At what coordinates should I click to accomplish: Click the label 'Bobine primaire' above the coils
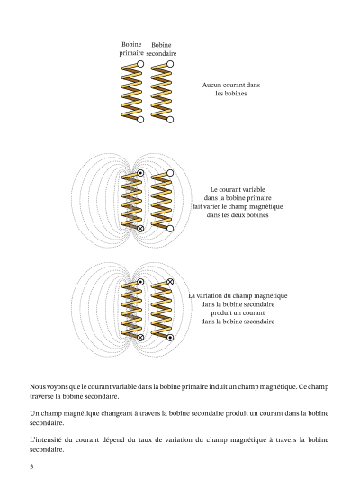point(131,49)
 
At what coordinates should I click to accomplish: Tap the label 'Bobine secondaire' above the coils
point(161,50)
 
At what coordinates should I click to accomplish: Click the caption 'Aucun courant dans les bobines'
point(231,89)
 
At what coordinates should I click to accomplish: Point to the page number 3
point(31,466)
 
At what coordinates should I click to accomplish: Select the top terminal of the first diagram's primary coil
point(140,64)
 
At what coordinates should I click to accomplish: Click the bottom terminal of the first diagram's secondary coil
point(170,120)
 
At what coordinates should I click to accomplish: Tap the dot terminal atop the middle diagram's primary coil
point(140,173)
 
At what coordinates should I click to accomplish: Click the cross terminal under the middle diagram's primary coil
point(140,229)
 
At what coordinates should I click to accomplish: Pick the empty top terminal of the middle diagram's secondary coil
point(170,173)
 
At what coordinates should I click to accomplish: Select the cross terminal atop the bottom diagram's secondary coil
point(170,282)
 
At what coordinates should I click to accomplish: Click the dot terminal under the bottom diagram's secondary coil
point(170,338)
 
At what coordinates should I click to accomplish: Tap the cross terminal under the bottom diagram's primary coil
point(140,338)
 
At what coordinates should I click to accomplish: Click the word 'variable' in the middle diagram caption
point(255,189)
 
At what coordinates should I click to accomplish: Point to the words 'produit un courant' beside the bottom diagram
point(238,312)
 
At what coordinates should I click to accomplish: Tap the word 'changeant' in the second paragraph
point(116,413)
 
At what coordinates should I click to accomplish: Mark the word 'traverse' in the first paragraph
point(41,396)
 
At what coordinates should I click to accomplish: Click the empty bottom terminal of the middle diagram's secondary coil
point(170,229)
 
